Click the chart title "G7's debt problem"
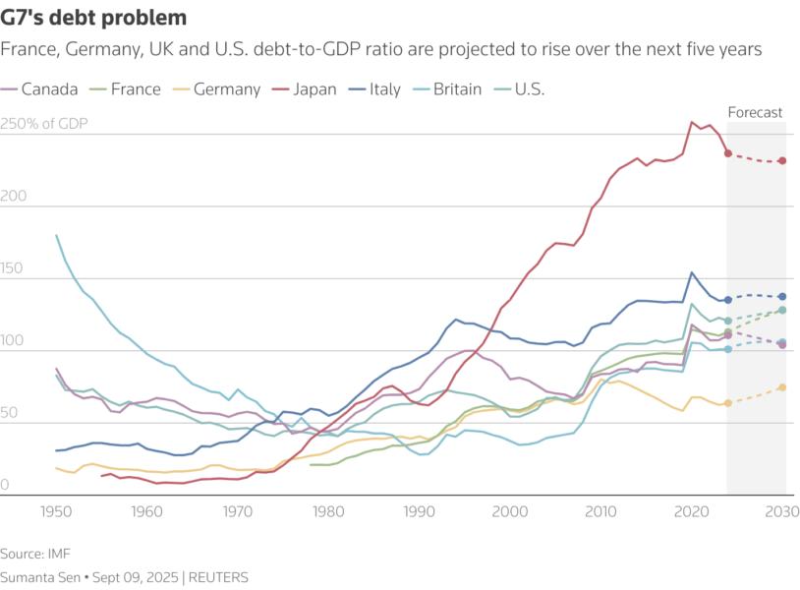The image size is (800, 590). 94,18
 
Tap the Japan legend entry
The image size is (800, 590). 305,89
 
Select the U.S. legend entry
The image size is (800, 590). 522,89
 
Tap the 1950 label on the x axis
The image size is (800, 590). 56,512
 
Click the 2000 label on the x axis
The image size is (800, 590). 510,512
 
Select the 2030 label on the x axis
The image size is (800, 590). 781,512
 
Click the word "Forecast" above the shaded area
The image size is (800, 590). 755,112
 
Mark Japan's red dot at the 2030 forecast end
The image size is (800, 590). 782,160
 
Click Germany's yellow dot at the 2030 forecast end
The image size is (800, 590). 782,387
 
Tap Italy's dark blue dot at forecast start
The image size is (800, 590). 727,300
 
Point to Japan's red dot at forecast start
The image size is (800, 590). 727,153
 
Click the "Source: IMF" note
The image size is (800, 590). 36,555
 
